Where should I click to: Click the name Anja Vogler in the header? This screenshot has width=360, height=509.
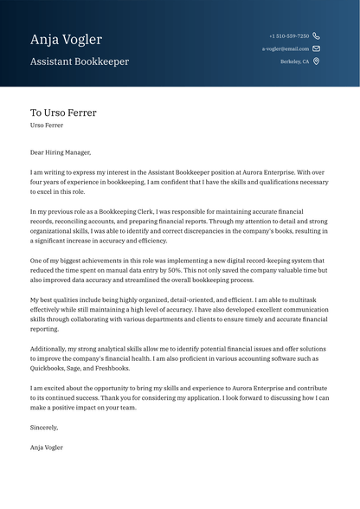pos(66,40)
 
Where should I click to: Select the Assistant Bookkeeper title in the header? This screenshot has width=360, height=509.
pos(80,62)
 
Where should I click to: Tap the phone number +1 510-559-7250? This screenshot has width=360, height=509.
pos(289,36)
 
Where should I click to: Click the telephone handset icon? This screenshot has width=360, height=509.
pos(317,36)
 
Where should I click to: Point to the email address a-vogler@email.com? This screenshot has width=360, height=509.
pos(286,49)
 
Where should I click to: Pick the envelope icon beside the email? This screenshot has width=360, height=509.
pos(317,49)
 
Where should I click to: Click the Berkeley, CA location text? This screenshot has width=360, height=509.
pos(295,61)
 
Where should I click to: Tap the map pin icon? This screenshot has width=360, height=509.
pos(317,61)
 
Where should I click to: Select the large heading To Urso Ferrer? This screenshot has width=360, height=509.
pos(63,113)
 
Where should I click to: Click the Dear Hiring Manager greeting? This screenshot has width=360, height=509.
pos(60,152)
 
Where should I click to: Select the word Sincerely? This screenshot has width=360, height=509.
pos(44,427)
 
